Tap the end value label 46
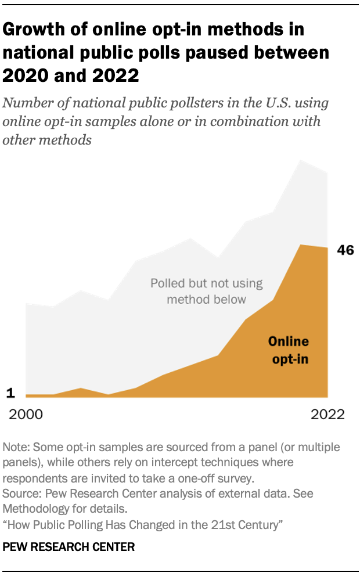(345, 251)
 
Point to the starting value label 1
(10, 394)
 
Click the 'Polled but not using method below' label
(206, 291)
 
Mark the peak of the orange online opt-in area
(300, 245)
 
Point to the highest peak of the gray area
(300, 160)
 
